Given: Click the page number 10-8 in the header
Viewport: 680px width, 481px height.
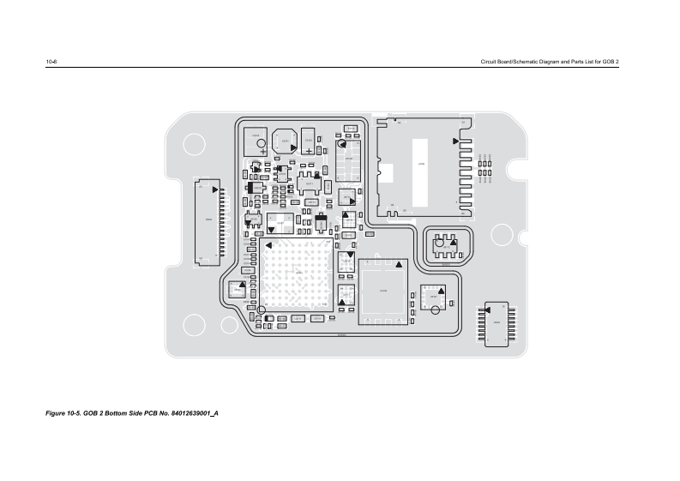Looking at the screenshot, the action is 51,63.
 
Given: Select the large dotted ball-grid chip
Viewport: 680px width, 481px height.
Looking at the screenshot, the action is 297,275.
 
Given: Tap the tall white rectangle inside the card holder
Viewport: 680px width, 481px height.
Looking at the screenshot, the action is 420,171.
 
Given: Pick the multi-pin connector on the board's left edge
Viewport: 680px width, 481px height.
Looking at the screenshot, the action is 209,220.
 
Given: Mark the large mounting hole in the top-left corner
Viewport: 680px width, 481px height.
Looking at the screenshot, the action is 192,145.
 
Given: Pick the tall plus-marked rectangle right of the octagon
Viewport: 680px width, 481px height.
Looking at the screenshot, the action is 308,141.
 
